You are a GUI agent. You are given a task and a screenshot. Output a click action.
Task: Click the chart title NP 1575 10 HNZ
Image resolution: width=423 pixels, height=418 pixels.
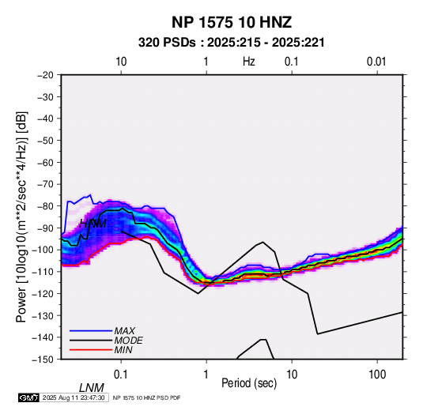pos(232,22)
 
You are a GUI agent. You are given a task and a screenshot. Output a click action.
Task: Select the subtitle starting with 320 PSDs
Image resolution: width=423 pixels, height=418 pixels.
pos(232,43)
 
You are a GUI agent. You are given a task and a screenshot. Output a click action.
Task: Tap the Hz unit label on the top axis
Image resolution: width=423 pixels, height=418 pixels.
pos(249,62)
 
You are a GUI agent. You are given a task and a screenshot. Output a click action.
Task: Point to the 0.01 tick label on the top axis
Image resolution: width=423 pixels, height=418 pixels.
pos(376,62)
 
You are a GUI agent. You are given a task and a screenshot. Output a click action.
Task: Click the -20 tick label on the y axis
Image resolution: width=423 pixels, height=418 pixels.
pos(45,75)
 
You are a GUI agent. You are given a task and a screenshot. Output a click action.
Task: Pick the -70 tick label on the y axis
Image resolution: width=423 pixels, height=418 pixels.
pos(45,184)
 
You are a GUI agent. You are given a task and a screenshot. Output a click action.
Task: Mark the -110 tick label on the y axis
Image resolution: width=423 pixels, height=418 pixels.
pos(43,272)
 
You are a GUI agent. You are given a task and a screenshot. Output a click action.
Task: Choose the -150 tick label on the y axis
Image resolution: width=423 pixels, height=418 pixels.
pos(43,360)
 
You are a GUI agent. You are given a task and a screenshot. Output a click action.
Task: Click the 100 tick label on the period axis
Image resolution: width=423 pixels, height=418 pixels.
pos(377,375)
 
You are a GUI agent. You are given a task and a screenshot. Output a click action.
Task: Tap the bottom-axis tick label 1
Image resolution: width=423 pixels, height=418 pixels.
pos(206,375)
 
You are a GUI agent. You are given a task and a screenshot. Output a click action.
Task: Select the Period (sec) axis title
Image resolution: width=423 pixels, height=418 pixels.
pos(249,383)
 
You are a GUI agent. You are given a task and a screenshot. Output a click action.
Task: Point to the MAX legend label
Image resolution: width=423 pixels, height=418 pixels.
pos(125,331)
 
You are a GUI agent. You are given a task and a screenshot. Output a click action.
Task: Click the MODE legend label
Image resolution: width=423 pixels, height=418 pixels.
pos(128,341)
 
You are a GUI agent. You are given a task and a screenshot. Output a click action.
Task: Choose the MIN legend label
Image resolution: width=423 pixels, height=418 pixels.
pos(123,350)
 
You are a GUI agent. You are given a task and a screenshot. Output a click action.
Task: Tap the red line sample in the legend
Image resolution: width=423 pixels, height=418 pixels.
pos(91,350)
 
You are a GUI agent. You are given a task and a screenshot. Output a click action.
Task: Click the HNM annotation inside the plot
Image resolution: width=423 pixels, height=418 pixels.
pos(93,224)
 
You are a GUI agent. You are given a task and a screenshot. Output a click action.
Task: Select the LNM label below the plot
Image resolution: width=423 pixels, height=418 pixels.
pos(91,388)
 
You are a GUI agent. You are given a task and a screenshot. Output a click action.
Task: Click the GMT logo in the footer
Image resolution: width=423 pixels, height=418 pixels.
pos(28,397)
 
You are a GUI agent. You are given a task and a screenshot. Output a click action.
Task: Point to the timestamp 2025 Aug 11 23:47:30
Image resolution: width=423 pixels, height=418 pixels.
pos(74,397)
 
